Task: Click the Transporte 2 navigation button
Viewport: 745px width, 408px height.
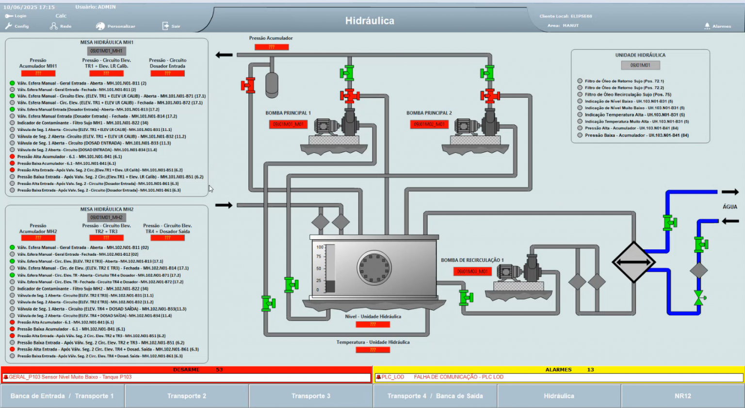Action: click(187, 396)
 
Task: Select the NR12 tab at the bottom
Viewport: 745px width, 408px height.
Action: click(682, 396)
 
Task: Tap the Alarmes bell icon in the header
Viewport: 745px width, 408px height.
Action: click(707, 26)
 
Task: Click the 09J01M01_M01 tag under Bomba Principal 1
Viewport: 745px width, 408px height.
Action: click(288, 124)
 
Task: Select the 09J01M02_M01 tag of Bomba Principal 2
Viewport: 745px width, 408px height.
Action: click(429, 124)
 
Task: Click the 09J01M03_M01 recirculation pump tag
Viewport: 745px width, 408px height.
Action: click(472, 271)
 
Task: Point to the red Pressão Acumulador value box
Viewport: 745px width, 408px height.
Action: click(272, 47)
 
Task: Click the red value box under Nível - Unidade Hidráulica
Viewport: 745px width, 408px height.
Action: click(372, 324)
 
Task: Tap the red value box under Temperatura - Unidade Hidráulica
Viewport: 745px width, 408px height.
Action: click(372, 349)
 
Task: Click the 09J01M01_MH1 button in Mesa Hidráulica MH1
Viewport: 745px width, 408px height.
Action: click(106, 51)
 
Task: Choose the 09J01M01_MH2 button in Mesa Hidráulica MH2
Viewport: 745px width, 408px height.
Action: click(106, 217)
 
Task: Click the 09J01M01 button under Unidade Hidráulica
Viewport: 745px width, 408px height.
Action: click(640, 65)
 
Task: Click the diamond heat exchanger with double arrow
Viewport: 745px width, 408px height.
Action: click(633, 262)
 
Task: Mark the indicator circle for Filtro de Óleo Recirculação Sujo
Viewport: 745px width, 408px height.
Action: click(580, 95)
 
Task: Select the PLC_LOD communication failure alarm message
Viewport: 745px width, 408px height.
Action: click(458, 377)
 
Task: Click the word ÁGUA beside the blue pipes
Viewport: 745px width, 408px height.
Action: click(729, 207)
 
